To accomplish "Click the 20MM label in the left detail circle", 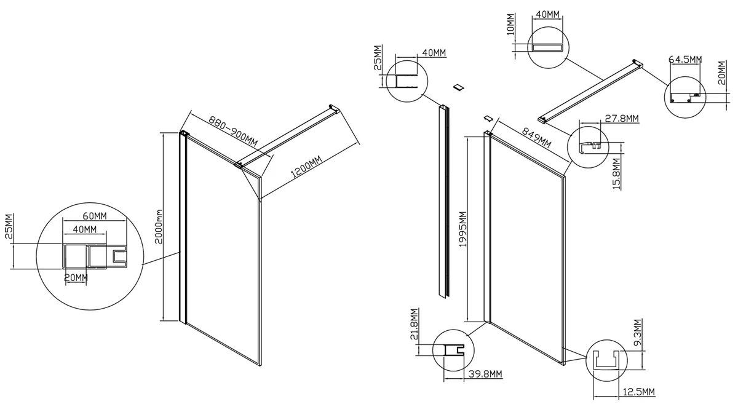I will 76,277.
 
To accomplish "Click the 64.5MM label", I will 685,59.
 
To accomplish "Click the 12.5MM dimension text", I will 637,392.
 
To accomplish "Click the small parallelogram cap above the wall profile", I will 458,87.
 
